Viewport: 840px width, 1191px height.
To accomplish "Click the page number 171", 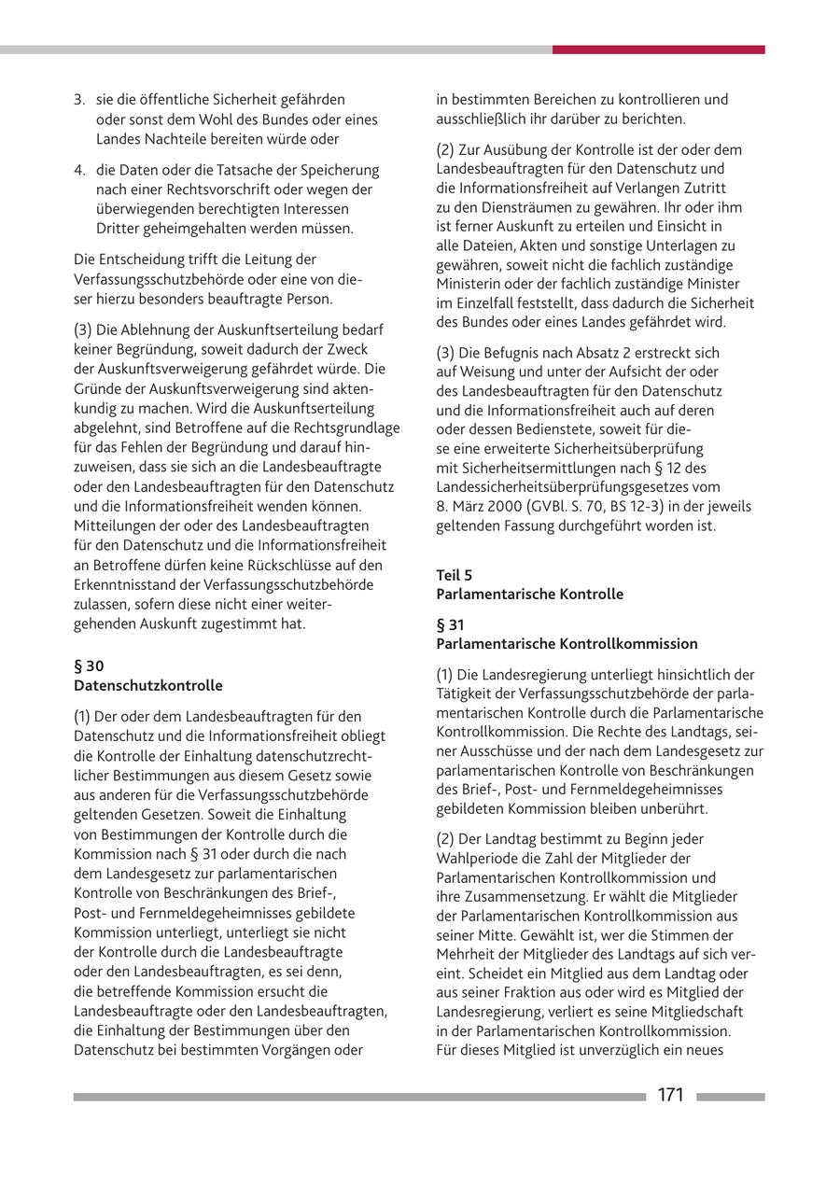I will (670, 1095).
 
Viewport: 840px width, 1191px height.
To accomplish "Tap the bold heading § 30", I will (89, 666).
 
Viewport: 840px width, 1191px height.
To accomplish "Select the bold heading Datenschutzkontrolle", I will (148, 685).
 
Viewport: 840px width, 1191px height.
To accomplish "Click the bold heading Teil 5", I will (454, 575).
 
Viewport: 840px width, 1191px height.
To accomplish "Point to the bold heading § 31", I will (450, 624).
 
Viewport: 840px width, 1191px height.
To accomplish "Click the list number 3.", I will (79, 99).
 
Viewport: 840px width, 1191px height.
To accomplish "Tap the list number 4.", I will (79, 170).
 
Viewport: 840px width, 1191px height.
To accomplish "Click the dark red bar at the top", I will (658, 49).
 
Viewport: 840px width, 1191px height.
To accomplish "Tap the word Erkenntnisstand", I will (126, 584).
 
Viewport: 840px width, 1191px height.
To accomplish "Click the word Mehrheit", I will (467, 954).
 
